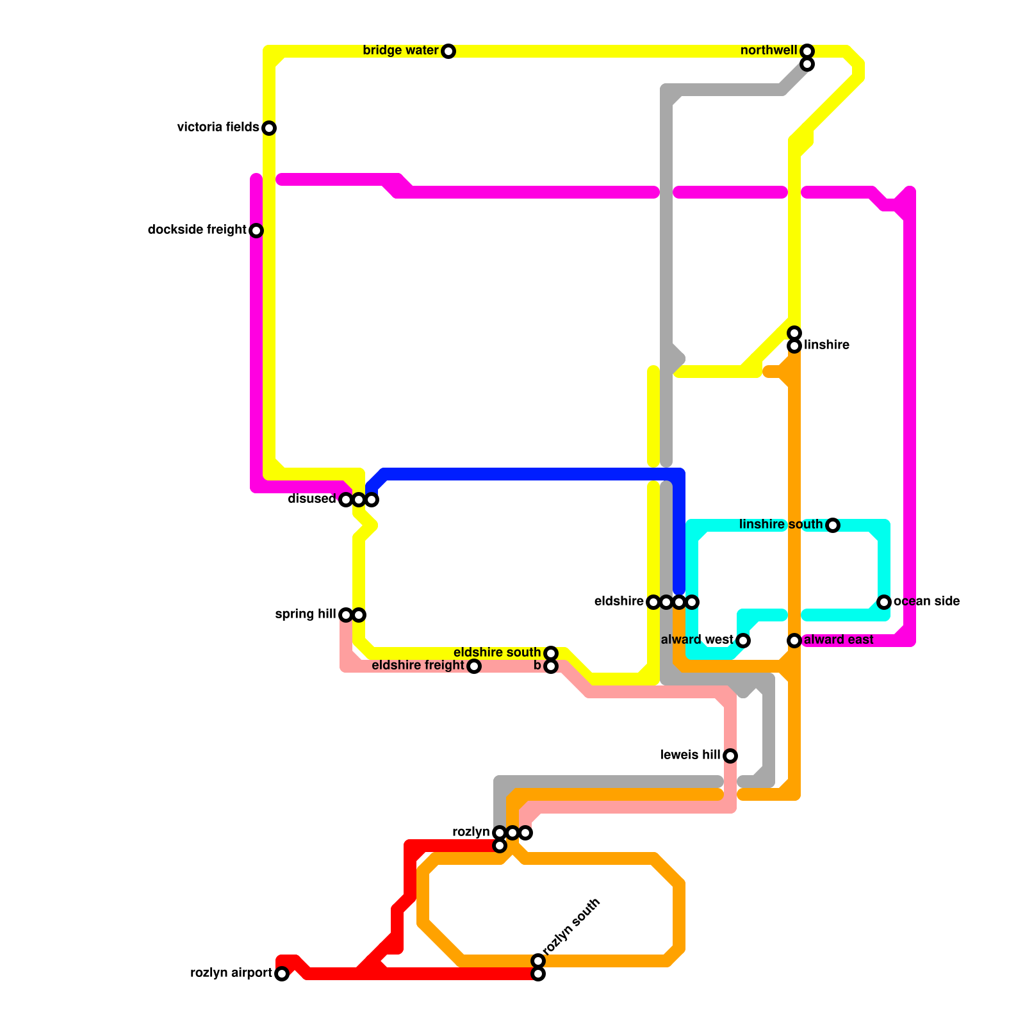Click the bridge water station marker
pos(448,51)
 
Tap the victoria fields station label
pos(218,127)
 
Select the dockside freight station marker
pos(256,231)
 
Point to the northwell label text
pos(768,51)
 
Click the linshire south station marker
pos(832,525)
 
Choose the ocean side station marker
pos(884,602)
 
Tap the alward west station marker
pos(742,641)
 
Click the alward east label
pos(839,640)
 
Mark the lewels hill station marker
pos(730,756)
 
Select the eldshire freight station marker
pos(473,666)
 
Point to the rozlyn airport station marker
pos(282,974)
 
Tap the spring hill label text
pos(305,614)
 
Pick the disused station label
pos(311,499)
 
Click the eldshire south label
pos(496,653)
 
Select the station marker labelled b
pos(551,666)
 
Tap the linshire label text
pos(826,345)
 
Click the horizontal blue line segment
pos(525,475)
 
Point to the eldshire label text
pos(618,602)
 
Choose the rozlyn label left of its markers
pos(471,832)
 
